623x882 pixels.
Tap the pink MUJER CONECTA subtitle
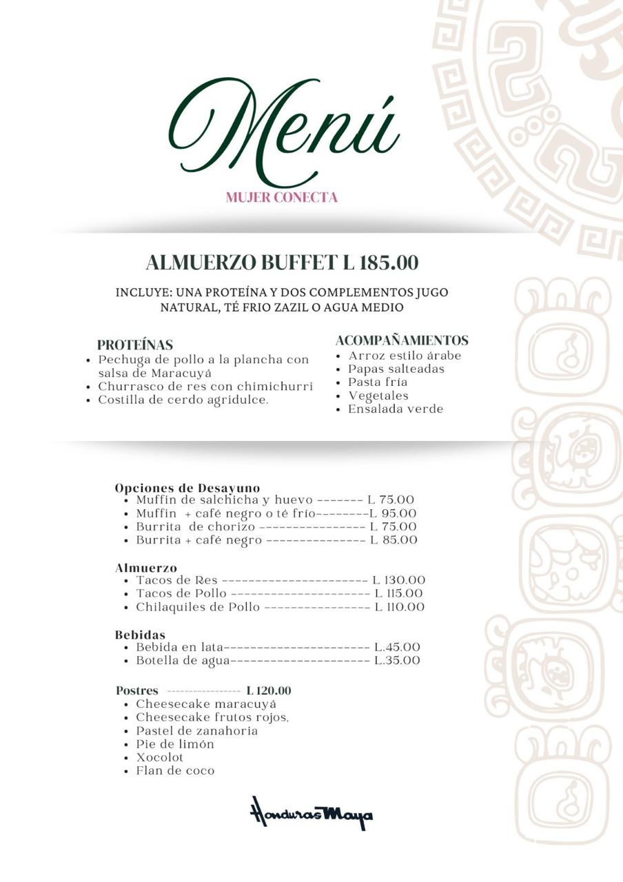pyautogui.click(x=281, y=198)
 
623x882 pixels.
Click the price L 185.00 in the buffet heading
pyautogui.click(x=380, y=263)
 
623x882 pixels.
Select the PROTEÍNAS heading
pyautogui.click(x=135, y=345)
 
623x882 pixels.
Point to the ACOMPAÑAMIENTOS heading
pyautogui.click(x=402, y=340)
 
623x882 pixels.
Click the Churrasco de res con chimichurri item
pyautogui.click(x=205, y=387)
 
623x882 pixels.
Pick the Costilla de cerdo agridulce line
pyautogui.click(x=183, y=400)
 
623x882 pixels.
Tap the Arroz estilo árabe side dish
pyautogui.click(x=405, y=356)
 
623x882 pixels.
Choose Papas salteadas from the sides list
pyautogui.click(x=396, y=369)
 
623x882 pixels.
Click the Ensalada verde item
pyautogui.click(x=396, y=409)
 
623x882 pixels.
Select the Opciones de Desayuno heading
pyautogui.click(x=187, y=488)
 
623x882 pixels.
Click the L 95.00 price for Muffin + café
pyautogui.click(x=393, y=513)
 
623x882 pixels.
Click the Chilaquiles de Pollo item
pyautogui.click(x=198, y=607)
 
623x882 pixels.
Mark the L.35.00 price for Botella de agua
pyautogui.click(x=397, y=660)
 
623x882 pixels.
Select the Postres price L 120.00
pyautogui.click(x=268, y=690)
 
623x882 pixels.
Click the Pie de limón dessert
pyautogui.click(x=175, y=744)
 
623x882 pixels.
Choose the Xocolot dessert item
pyautogui.click(x=160, y=757)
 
